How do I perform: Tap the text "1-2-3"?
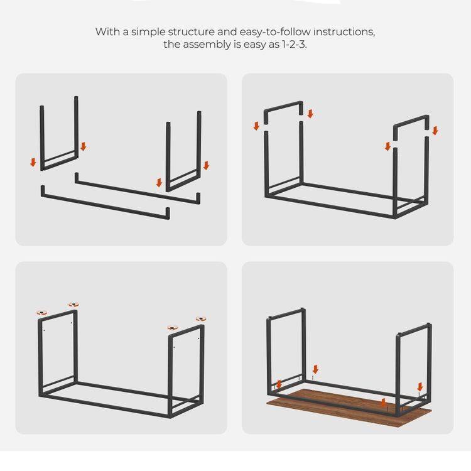tap(290, 44)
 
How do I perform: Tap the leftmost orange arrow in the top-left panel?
tap(33, 162)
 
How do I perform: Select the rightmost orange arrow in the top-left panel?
tap(206, 166)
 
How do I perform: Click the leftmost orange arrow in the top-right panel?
tap(256, 126)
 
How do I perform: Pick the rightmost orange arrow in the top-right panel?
tap(435, 131)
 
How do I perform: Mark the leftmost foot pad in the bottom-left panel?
tap(42, 312)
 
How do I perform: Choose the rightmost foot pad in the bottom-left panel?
tap(200, 320)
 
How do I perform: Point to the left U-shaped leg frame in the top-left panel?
tap(60, 135)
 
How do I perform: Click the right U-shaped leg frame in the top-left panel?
tap(183, 151)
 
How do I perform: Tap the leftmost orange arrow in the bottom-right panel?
tap(279, 384)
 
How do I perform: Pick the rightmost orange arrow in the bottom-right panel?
tap(420, 386)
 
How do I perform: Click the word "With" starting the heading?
tap(106, 32)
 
